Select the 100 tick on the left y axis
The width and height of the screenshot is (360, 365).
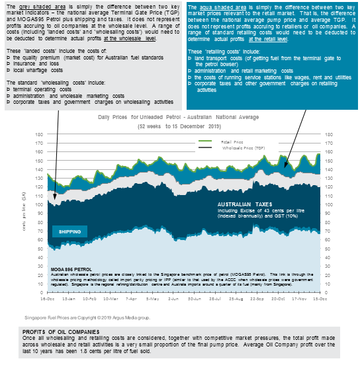(x=42, y=202)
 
